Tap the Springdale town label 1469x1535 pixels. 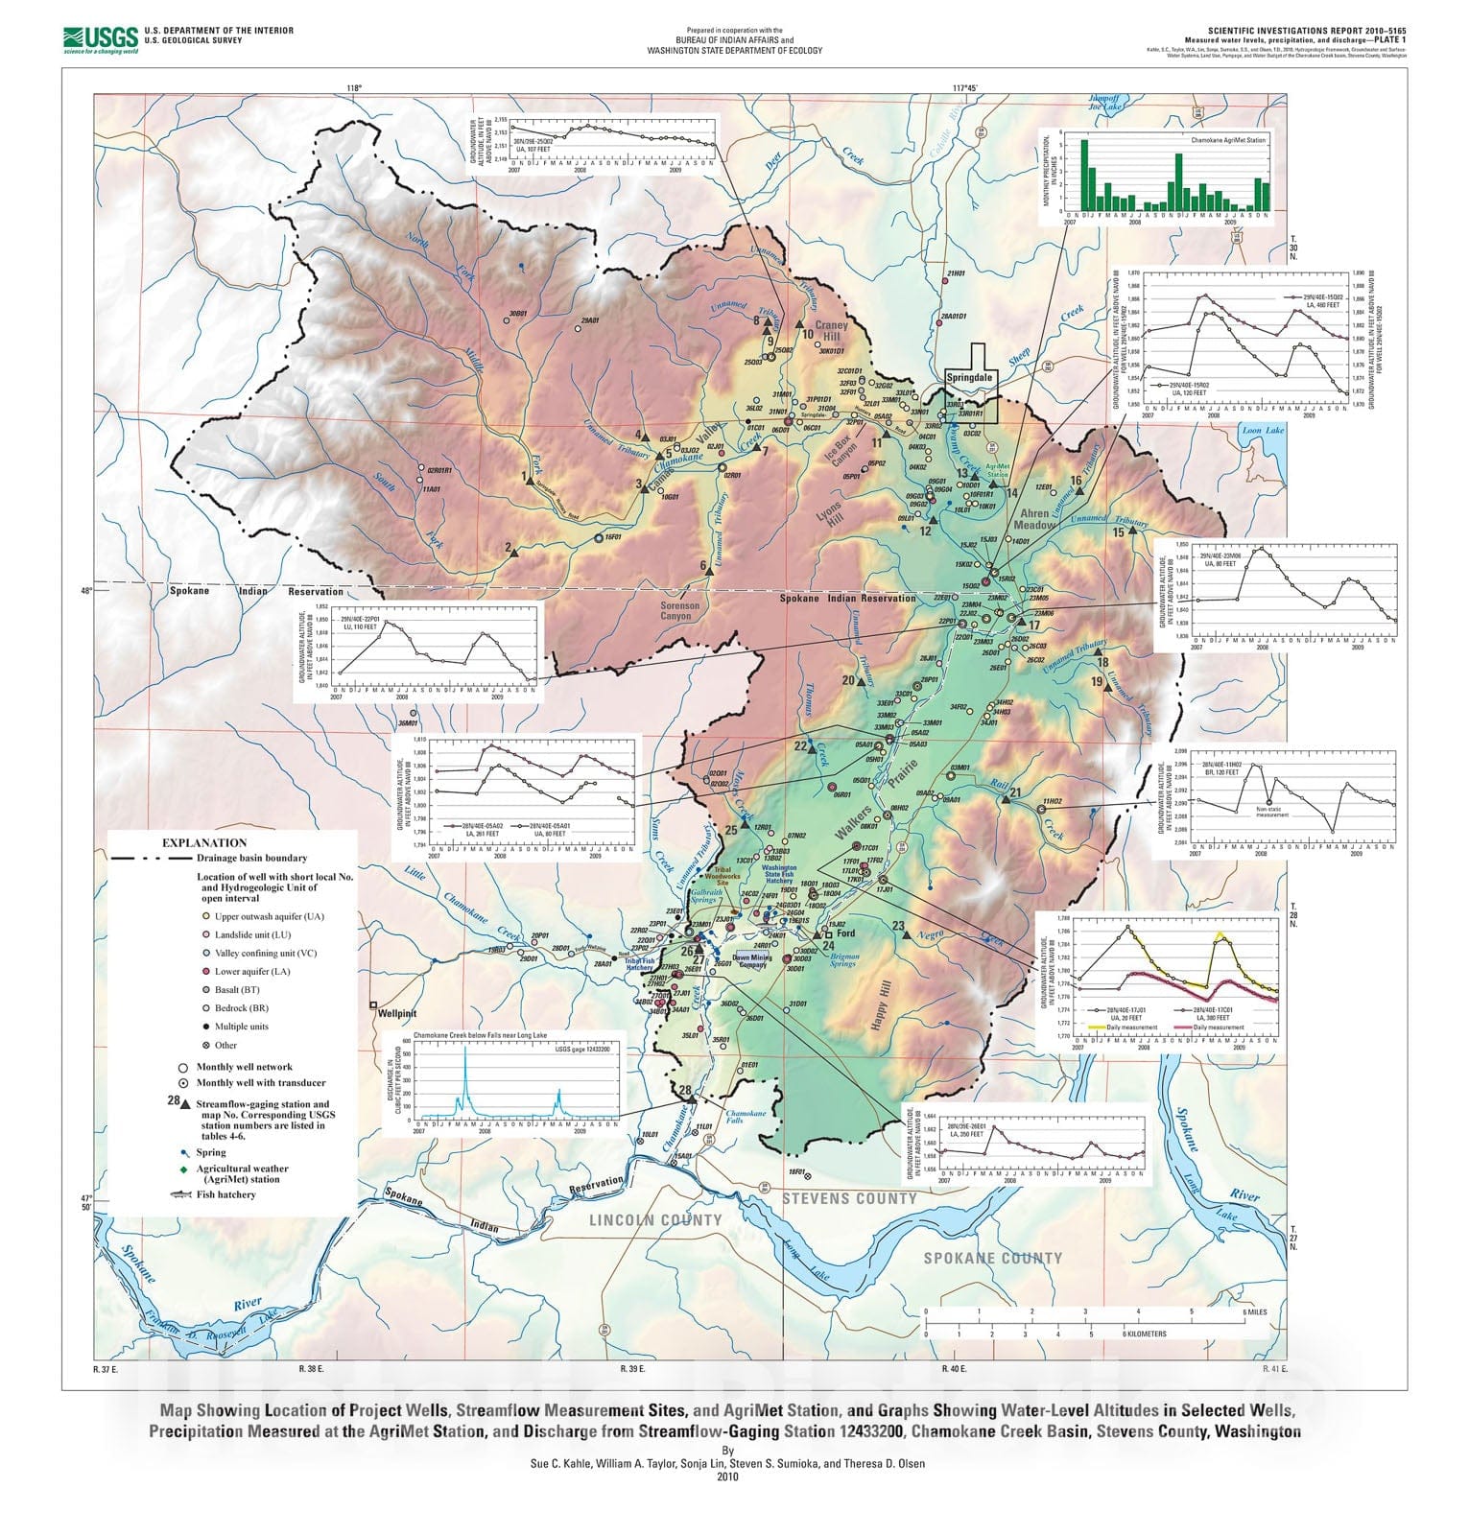point(969,378)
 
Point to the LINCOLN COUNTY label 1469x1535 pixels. point(654,1219)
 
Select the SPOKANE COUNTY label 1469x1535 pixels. point(992,1258)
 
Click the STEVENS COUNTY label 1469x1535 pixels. point(849,1198)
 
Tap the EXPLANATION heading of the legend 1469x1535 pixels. point(204,842)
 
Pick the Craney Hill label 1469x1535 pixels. point(832,332)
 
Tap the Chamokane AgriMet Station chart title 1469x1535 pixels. point(1229,140)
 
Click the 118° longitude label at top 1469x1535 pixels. point(354,88)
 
